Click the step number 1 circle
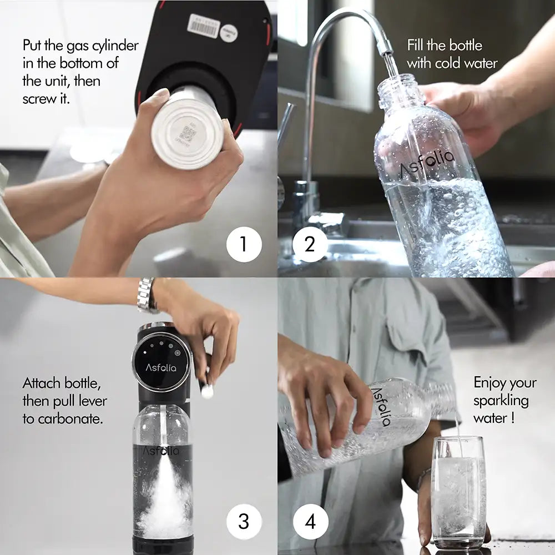[244, 244]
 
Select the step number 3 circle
[244, 522]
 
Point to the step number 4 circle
[310, 522]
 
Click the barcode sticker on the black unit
[204, 26]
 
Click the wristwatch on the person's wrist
[146, 296]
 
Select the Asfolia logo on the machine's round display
[161, 367]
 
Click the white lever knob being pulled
[207, 391]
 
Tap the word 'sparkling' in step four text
[501, 400]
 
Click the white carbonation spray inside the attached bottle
[165, 500]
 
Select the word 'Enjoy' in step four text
[488, 382]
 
